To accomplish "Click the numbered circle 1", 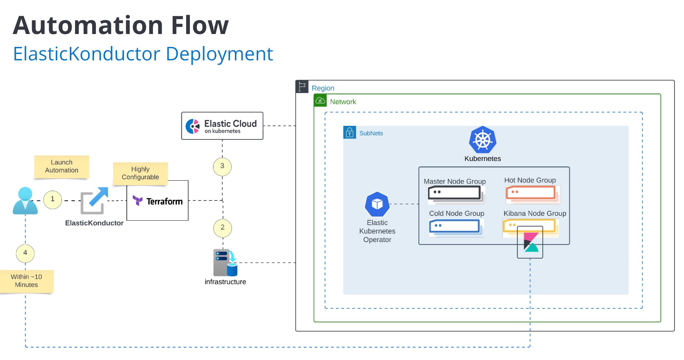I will click(x=53, y=200).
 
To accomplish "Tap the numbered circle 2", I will click(x=222, y=228).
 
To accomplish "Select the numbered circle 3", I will click(x=222, y=166).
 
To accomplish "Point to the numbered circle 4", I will click(x=25, y=253).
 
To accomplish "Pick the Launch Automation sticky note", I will click(x=61, y=167).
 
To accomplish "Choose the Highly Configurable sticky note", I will click(x=140, y=173).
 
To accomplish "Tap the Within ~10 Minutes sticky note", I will click(x=26, y=281).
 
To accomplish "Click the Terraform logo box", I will click(x=158, y=201).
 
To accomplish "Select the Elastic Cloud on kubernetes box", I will click(x=222, y=126).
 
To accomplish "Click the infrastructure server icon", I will click(x=225, y=263).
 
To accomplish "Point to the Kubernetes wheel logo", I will click(x=482, y=140).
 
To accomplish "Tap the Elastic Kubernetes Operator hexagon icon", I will click(x=377, y=204).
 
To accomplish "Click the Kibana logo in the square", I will click(x=530, y=242).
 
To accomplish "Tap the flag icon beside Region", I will click(x=302, y=87).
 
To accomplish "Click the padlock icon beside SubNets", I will click(x=349, y=132).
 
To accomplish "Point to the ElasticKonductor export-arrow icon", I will click(x=94, y=200).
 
